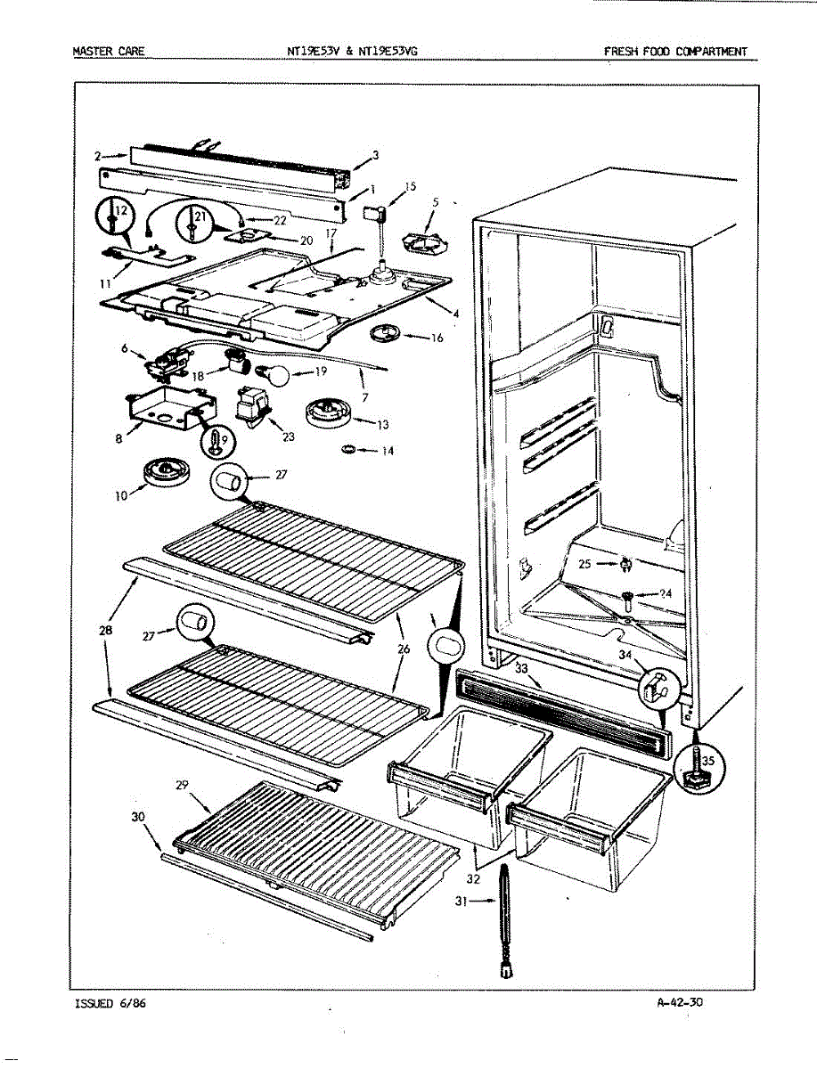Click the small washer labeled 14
[x=348, y=448]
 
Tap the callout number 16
[x=436, y=338]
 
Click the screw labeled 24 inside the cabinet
[x=628, y=594]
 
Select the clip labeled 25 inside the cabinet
[x=627, y=563]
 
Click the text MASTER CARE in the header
[x=108, y=52]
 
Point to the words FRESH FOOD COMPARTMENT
[x=675, y=52]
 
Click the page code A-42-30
[x=680, y=1002]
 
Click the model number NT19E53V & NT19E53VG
[x=352, y=52]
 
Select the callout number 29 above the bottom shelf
[x=183, y=785]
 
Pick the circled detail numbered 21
[x=194, y=221]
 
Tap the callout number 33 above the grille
[x=521, y=667]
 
